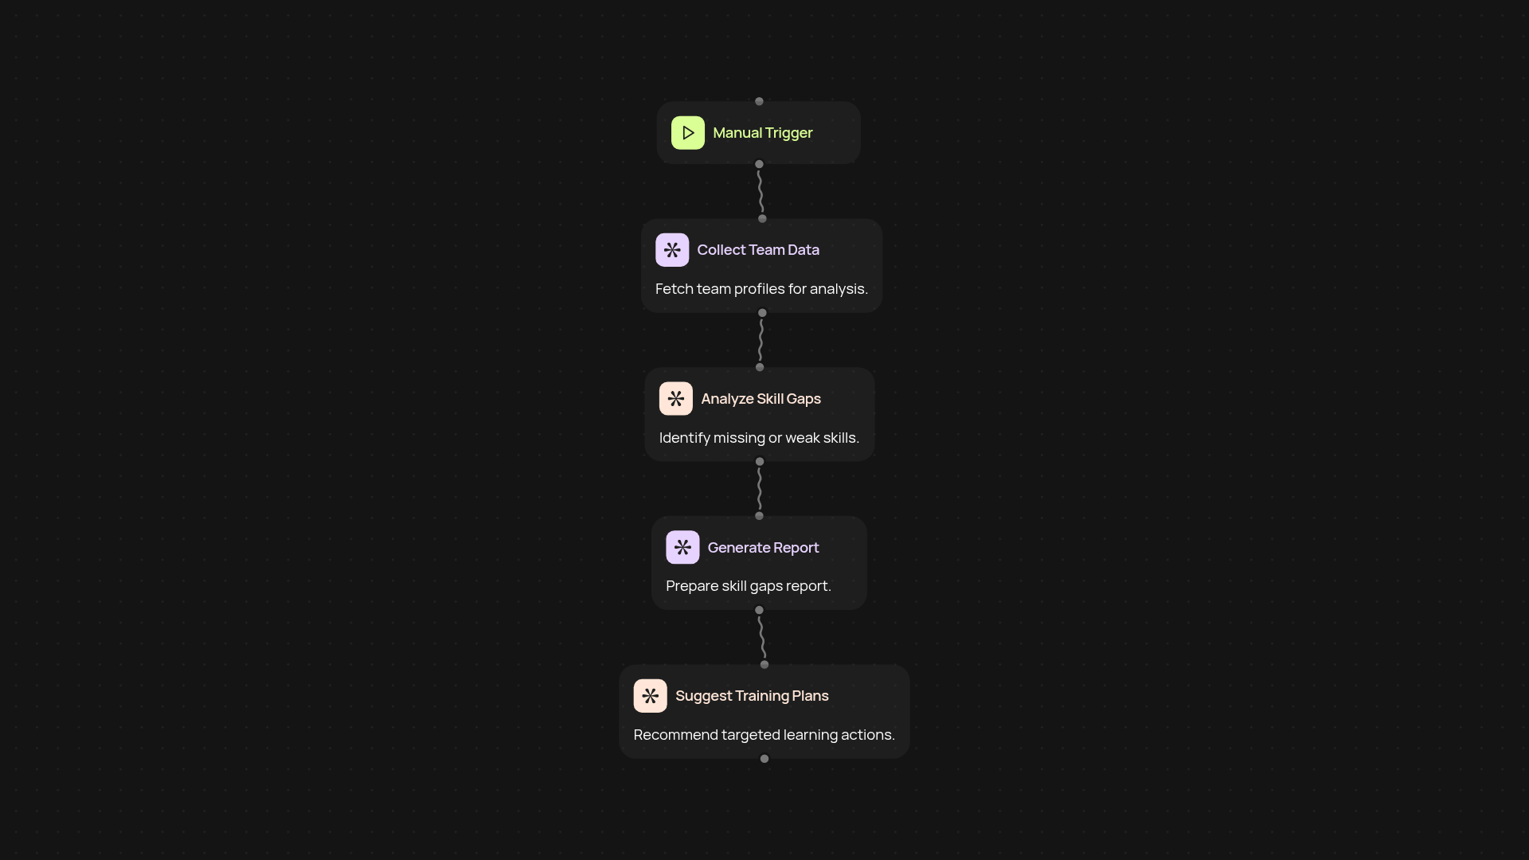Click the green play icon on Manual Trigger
click(688, 133)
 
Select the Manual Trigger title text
click(763, 133)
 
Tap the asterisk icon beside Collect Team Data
click(672, 250)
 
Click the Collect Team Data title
click(758, 250)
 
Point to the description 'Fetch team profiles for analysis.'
click(761, 289)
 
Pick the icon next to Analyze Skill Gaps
click(676, 399)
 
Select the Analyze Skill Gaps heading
click(761, 399)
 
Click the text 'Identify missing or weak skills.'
click(759, 438)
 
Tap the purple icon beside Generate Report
click(682, 548)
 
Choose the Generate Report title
click(763, 548)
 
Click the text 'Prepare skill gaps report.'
click(749, 586)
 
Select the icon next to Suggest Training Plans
click(650, 696)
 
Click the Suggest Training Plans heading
click(752, 696)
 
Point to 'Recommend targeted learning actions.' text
click(764, 735)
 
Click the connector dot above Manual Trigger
click(759, 102)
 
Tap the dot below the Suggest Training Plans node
click(764, 759)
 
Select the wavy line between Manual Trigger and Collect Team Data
click(761, 191)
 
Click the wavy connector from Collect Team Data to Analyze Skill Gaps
click(761, 340)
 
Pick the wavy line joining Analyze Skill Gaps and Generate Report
click(760, 489)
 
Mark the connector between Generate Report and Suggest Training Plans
click(762, 637)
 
